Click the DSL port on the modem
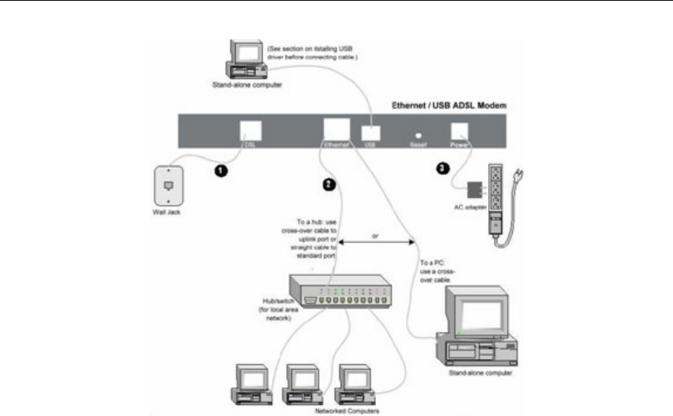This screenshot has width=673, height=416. point(249,128)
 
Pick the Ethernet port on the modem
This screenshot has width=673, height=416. point(336,128)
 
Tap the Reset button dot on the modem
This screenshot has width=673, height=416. point(418,133)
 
